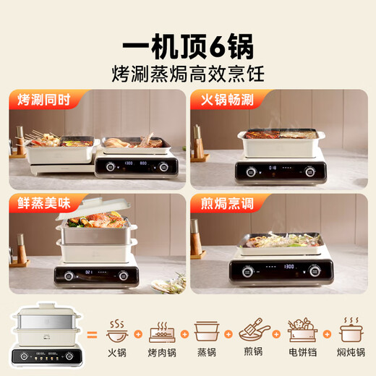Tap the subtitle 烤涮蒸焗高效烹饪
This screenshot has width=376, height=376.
(x=188, y=72)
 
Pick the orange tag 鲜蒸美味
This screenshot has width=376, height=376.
(x=40, y=203)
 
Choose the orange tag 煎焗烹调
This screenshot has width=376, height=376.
(x=221, y=203)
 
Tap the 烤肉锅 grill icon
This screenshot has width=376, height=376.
(x=162, y=332)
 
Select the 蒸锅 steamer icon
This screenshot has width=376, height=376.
(x=206, y=332)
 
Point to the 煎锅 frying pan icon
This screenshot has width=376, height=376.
(x=254, y=332)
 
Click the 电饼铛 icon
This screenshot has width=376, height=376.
(x=302, y=332)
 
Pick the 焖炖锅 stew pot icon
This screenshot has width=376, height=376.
(x=350, y=332)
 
